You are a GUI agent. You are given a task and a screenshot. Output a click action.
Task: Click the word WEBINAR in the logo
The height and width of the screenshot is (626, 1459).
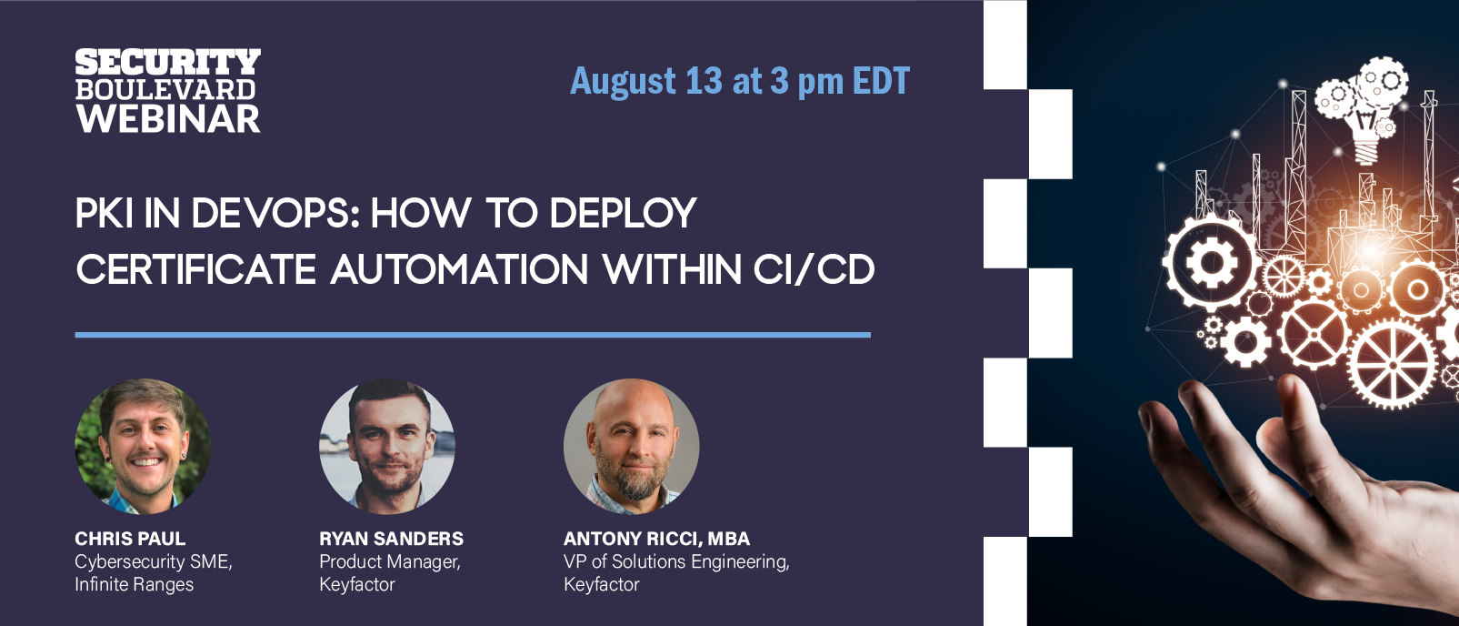point(168,118)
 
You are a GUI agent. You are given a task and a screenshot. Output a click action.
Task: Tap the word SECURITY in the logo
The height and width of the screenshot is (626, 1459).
point(168,62)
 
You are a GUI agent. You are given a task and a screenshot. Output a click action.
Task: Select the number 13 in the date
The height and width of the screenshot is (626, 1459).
point(704,81)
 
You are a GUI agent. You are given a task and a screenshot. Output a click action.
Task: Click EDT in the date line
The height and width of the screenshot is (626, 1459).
point(881,81)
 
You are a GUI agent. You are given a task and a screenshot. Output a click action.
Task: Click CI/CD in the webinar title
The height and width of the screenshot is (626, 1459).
point(814,270)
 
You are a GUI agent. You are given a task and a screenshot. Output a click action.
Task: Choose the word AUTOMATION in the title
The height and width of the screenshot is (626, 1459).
point(459,270)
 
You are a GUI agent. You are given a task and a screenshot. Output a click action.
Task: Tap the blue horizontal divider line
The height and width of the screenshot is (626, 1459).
point(473,335)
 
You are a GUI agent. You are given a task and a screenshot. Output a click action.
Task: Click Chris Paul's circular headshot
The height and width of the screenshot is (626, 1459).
point(143,447)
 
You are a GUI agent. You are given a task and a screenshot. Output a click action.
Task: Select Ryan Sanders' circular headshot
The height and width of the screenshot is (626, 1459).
point(387,447)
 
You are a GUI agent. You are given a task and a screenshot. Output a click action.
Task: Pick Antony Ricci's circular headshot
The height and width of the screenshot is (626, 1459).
point(631,447)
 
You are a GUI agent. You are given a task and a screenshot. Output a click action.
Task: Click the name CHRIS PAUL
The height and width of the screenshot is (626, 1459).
point(130,539)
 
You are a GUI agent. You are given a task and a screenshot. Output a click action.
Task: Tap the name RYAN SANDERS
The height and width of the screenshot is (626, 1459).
point(392,539)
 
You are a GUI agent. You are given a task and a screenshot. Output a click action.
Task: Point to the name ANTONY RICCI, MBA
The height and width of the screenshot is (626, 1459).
point(656,539)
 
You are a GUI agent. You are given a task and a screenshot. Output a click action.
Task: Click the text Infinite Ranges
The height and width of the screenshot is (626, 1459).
point(135,584)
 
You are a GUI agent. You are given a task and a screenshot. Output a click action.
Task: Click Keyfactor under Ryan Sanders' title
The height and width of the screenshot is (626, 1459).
point(357,584)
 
